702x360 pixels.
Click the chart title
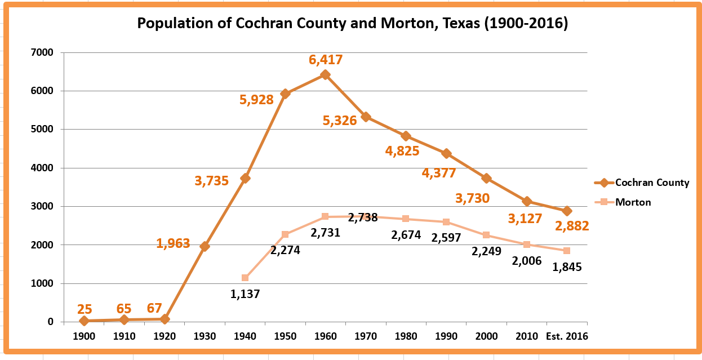[352, 24]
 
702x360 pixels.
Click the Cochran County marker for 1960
[325, 75]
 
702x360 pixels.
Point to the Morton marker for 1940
[245, 278]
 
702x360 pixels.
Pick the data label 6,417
[325, 60]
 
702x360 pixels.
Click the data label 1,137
[245, 294]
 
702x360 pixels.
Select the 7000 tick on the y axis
[42, 52]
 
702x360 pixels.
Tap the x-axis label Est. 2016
[567, 336]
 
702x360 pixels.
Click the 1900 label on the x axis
[84, 336]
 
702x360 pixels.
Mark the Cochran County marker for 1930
[205, 246]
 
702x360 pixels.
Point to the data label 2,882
[572, 226]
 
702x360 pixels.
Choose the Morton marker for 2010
[526, 245]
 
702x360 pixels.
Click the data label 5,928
[256, 100]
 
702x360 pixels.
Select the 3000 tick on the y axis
[42, 206]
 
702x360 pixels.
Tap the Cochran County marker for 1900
[84, 321]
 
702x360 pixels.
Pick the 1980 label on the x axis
[406, 336]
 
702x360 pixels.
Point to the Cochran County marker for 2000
[486, 179]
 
